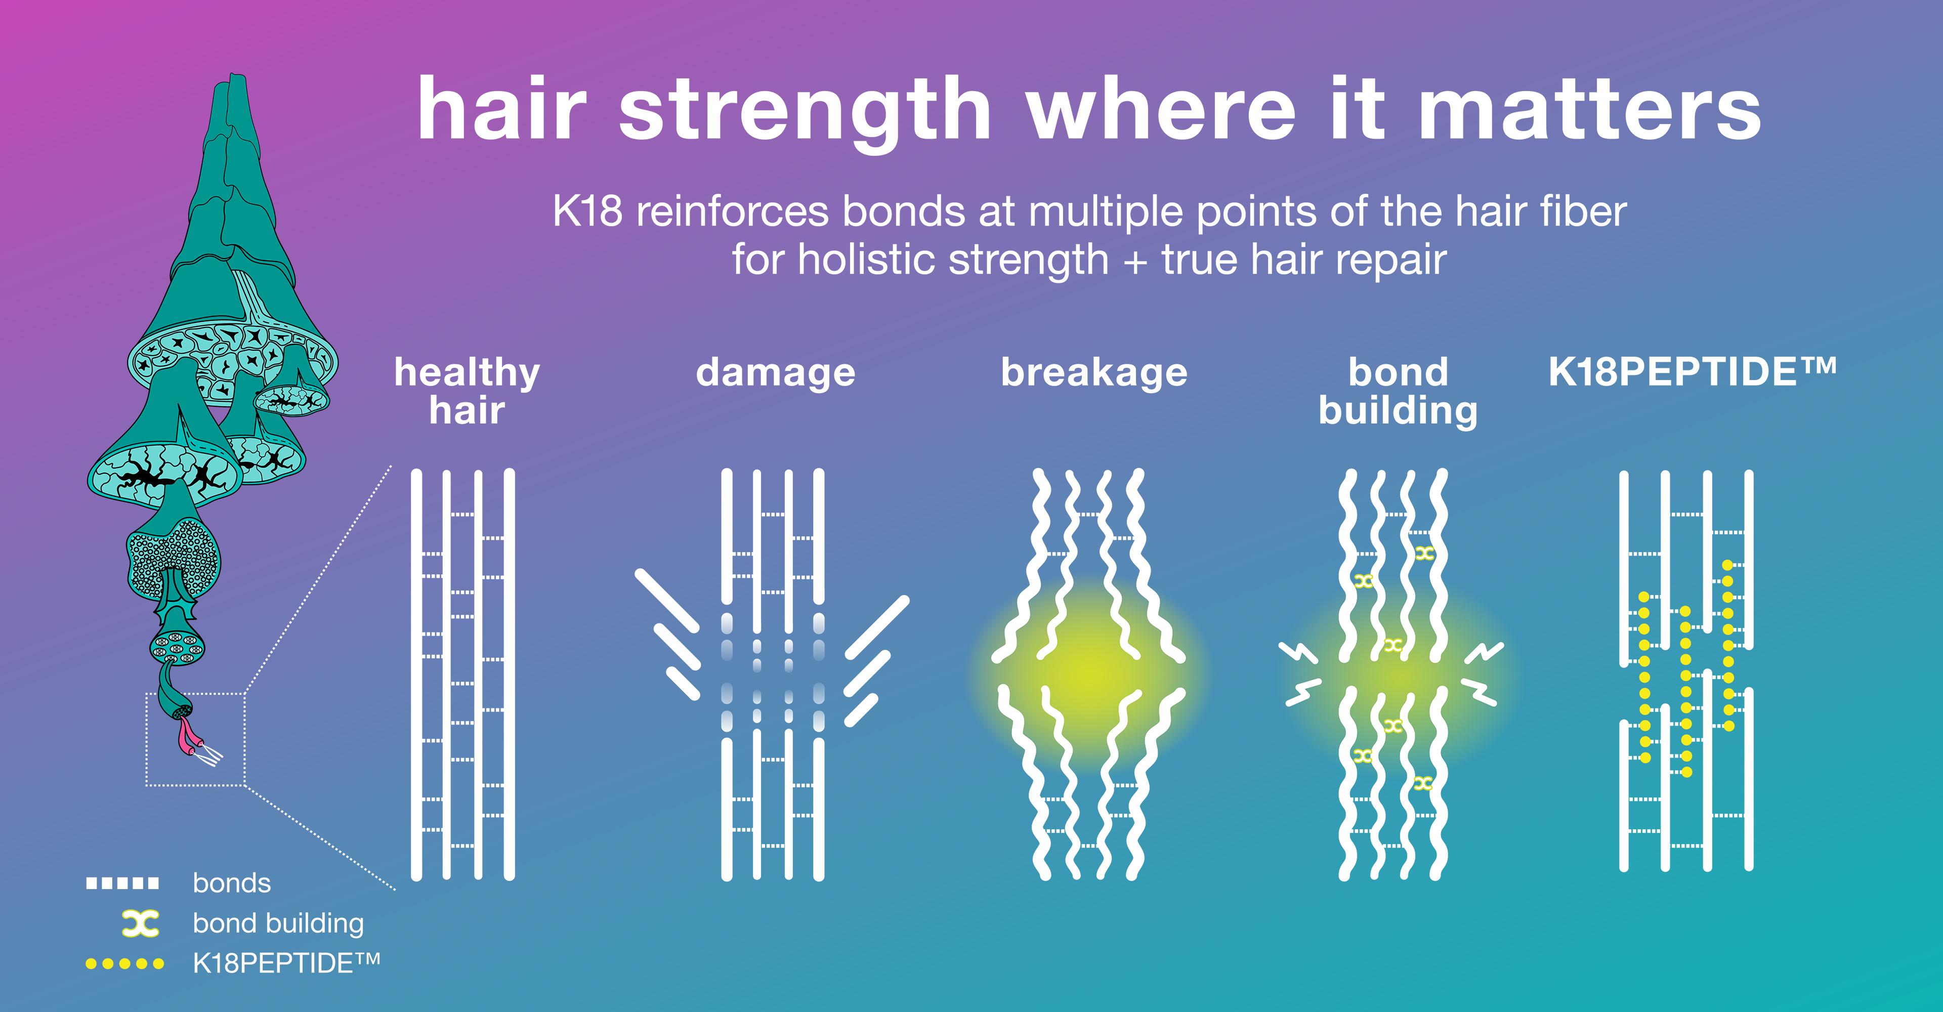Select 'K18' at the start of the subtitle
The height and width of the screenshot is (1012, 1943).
[587, 211]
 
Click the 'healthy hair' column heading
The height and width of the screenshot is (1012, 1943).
[467, 391]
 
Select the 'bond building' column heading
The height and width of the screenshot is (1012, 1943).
[1398, 391]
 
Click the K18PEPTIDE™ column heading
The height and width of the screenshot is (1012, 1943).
[1692, 372]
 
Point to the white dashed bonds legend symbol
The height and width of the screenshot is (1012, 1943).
[122, 883]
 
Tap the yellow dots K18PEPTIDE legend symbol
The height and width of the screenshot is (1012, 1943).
[124, 964]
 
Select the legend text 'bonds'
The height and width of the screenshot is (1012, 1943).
[232, 883]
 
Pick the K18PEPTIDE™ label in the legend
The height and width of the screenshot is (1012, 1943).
[286, 963]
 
